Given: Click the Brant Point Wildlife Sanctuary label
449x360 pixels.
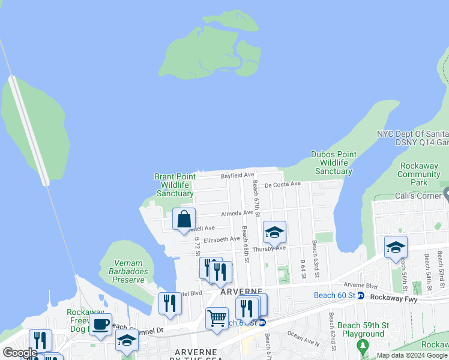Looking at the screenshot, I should click(x=175, y=185).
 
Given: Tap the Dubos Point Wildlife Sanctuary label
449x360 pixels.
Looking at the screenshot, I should click(x=334, y=163).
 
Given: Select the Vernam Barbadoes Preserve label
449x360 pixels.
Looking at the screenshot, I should click(x=128, y=267).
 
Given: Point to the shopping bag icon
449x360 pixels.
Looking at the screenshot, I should click(x=184, y=219).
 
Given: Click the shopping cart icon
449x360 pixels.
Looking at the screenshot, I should click(x=217, y=317).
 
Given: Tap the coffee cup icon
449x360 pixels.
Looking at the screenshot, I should click(x=100, y=325).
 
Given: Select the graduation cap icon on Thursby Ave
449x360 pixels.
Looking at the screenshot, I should click(x=274, y=232).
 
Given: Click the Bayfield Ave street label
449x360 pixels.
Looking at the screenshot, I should click(x=238, y=176).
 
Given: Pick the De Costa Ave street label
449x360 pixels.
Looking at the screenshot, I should click(x=282, y=184).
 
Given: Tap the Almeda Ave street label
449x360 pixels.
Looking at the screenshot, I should click(x=237, y=213).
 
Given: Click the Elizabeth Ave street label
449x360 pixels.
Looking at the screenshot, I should click(x=221, y=239).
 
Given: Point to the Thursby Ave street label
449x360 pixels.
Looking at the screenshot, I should click(x=268, y=248).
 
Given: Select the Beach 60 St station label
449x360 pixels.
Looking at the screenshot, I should click(x=334, y=295).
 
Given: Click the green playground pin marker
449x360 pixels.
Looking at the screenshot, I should click(x=362, y=346).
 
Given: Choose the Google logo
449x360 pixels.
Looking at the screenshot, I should click(x=20, y=353).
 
